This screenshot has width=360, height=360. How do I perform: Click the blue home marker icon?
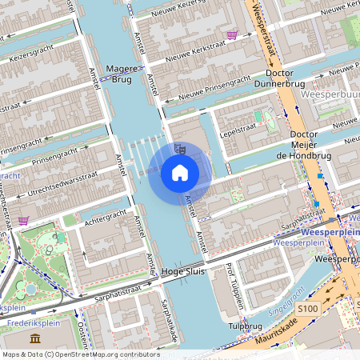click(x=180, y=172)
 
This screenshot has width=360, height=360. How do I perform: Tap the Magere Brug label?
click(x=122, y=74)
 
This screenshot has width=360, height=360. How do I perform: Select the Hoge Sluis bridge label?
click(x=184, y=273)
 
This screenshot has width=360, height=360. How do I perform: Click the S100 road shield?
click(x=307, y=307)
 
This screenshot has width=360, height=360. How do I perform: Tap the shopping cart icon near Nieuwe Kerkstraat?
click(x=232, y=35)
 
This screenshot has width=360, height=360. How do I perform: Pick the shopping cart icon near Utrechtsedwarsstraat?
click(x=24, y=220)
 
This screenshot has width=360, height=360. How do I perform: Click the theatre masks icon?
click(x=180, y=149)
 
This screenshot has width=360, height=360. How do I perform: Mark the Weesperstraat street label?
click(x=264, y=32)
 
